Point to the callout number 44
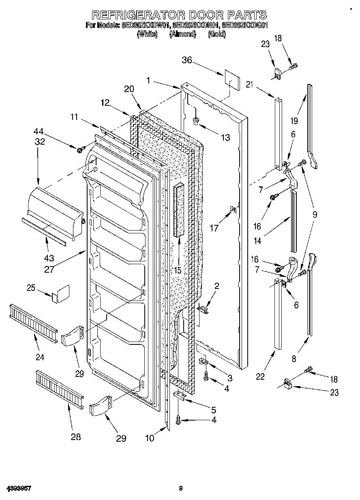point(39,131)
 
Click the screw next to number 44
point(79,150)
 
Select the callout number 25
point(31,288)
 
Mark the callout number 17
point(214,229)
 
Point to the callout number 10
point(150,438)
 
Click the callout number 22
point(260,376)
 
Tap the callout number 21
point(250,84)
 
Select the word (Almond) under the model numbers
point(182,34)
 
